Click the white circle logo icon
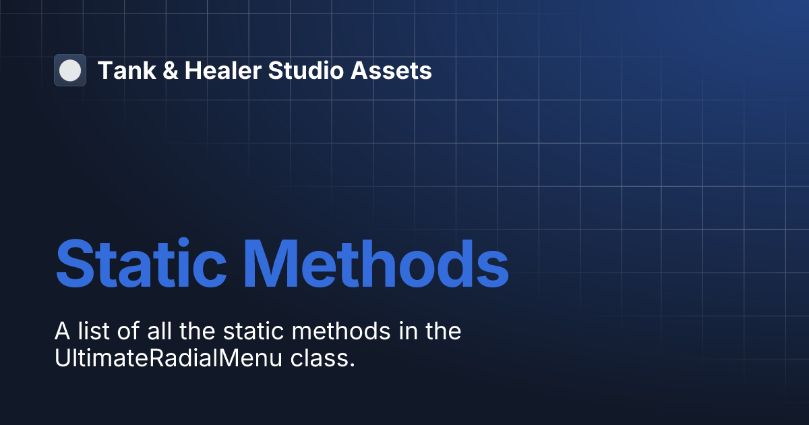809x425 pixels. tap(70, 70)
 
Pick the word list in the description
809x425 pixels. tap(90, 332)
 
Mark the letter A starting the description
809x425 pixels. tap(61, 332)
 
